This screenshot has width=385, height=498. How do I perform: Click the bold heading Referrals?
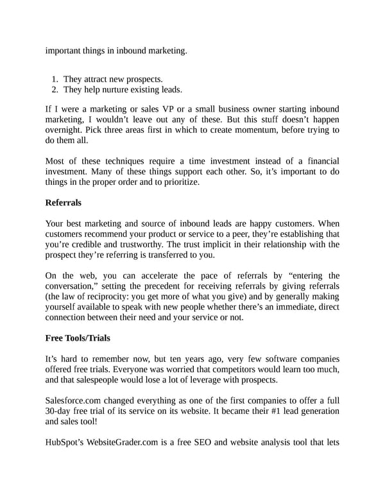(64, 203)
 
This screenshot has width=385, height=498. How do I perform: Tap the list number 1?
(55, 79)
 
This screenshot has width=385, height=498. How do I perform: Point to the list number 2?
(55, 89)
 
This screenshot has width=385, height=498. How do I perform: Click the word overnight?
(65, 130)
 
